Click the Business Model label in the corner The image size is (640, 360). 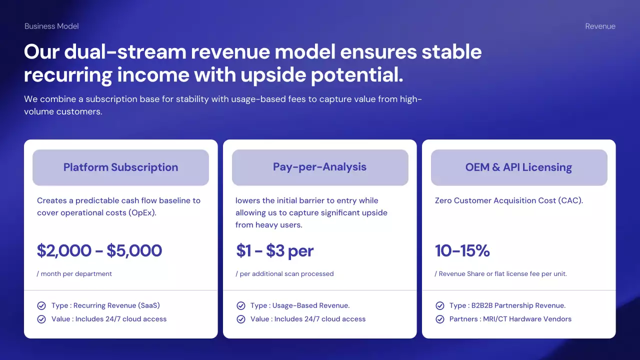tap(51, 26)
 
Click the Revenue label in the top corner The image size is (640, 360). tap(600, 26)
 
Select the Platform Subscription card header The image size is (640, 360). tap(120, 167)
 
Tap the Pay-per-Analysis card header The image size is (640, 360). tap(320, 167)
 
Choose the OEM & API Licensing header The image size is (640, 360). tap(519, 167)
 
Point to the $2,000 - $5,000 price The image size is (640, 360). tap(99, 250)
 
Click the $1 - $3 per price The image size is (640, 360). tap(275, 251)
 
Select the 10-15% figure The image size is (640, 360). tap(462, 250)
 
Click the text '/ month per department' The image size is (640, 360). tap(74, 273)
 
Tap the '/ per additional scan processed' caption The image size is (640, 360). tap(284, 273)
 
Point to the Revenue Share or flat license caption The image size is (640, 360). tap(501, 273)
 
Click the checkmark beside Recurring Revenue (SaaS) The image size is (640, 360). tap(41, 305)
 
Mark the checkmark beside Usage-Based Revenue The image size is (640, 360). tap(241, 305)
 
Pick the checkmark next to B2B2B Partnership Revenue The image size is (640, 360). tap(440, 305)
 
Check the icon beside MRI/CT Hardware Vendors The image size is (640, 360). tap(440, 319)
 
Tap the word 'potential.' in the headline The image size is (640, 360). tap(357, 75)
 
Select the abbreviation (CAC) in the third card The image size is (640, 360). tap(570, 200)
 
